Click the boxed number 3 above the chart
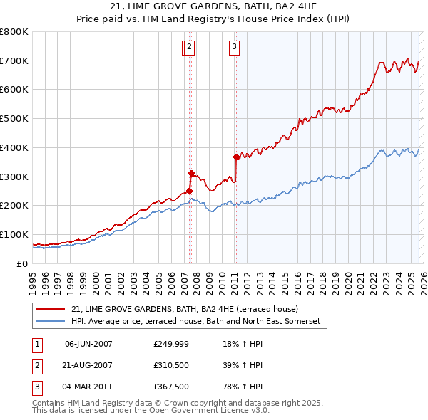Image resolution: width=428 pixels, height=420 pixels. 234,48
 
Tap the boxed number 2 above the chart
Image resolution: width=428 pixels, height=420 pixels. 189,48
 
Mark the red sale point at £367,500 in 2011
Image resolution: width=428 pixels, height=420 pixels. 236,157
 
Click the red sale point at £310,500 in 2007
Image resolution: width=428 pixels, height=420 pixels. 191,173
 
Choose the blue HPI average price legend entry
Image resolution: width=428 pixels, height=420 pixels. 196,322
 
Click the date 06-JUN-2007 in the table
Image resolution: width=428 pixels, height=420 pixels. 88,344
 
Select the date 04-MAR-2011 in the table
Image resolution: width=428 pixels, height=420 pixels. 88,387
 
